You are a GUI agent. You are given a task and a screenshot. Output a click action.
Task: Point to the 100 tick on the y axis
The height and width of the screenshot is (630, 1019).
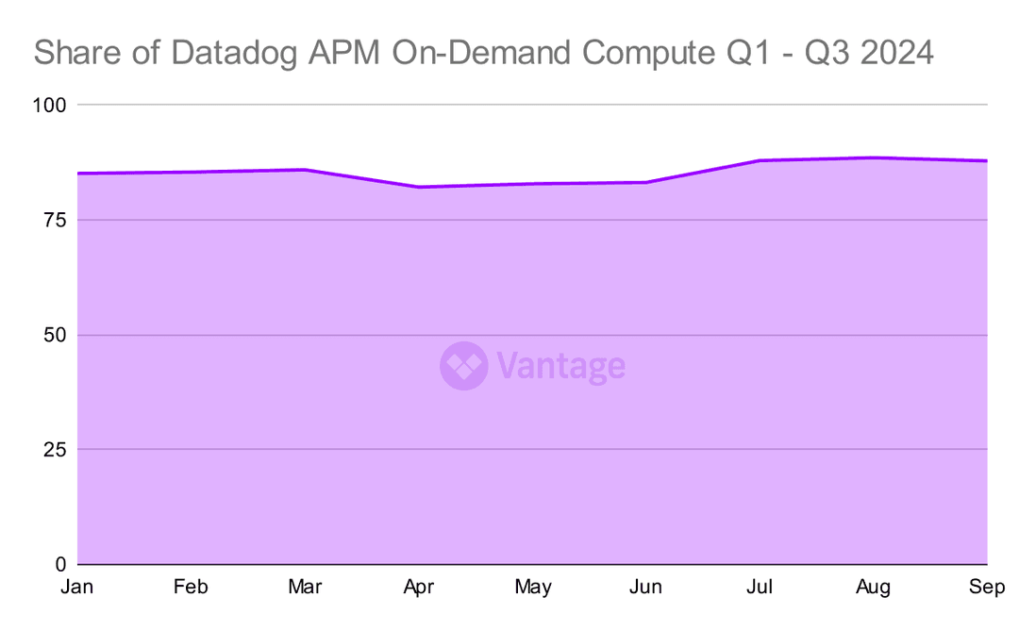(x=49, y=105)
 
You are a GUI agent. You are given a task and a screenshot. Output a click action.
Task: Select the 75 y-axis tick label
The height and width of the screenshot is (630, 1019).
(x=55, y=220)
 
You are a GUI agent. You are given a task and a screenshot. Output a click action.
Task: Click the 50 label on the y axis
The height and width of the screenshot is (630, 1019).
(x=55, y=335)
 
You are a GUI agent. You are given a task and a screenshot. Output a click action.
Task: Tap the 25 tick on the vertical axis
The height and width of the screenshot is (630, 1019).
(x=55, y=450)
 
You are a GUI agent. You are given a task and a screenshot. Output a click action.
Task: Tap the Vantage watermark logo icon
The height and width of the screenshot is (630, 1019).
(x=463, y=366)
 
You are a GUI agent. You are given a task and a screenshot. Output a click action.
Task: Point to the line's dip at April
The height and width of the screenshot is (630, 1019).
(x=418, y=187)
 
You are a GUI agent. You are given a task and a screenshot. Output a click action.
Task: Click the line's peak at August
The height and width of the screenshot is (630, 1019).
(x=874, y=157)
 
